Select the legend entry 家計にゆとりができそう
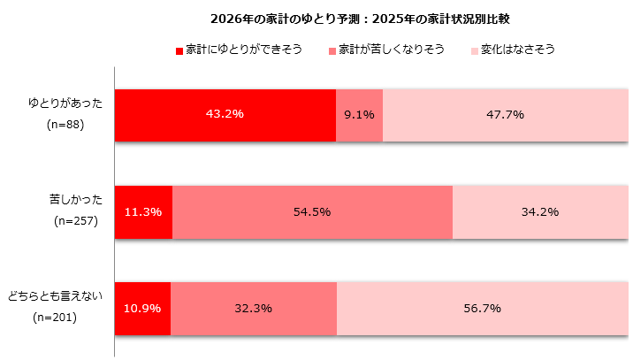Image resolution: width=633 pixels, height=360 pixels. tap(243, 50)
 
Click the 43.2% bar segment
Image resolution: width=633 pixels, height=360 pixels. tap(225, 115)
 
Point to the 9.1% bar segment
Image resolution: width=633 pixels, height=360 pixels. tap(359, 115)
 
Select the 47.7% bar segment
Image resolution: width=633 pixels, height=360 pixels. tap(505, 115)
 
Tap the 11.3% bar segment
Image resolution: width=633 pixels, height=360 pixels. tap(143, 212)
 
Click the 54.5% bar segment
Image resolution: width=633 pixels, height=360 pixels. tap(312, 212)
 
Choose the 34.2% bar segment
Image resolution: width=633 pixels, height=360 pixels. tap(539, 212)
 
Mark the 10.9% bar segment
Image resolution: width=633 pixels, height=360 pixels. tap(142, 309)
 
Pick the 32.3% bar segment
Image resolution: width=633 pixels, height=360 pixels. tap(254, 309)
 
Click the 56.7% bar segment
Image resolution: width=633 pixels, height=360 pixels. tap(482, 309)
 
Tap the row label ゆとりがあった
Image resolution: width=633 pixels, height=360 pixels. tap(65, 103)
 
